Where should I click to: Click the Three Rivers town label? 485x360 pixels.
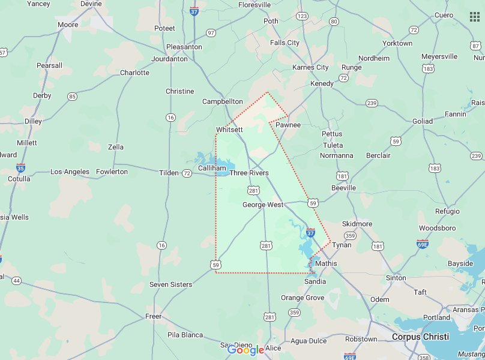pos(249,173)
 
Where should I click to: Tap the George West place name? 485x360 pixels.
pos(262,205)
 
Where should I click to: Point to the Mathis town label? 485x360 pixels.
pos(326,263)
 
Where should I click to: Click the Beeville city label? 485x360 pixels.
pos(343,188)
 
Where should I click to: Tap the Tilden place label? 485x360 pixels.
pos(169,173)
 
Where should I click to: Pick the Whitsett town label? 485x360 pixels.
pos(229,130)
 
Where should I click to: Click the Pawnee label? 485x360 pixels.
pos(288,125)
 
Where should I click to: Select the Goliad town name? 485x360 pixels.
pos(423,121)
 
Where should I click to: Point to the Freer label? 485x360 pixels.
pos(154,316)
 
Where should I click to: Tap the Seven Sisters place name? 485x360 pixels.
pos(171,284)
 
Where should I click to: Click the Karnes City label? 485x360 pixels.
pos(310,67)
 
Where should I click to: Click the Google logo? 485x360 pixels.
pos(246,350)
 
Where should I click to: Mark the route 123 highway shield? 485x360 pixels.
pos(302,16)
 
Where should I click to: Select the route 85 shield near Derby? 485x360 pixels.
pos(73,96)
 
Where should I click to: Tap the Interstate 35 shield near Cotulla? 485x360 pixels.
pos(21,168)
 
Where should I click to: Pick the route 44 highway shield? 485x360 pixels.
pos(16,280)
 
